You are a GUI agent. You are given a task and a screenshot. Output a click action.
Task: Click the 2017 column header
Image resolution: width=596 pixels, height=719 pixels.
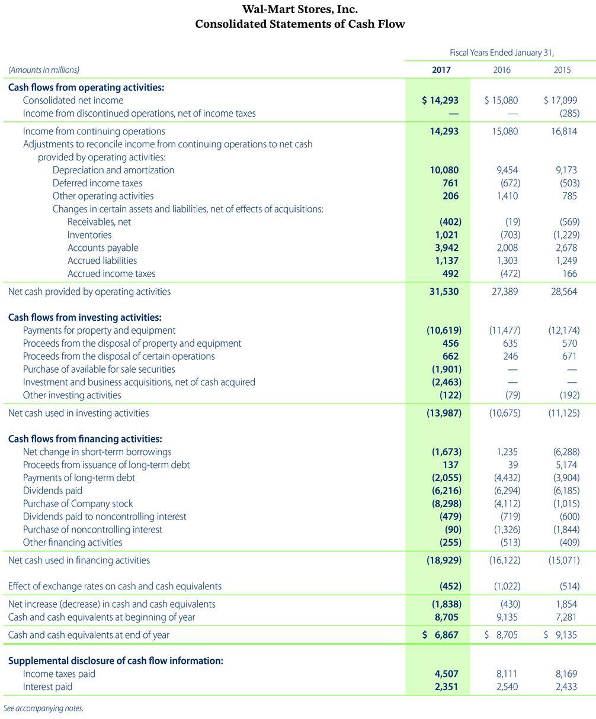click(441, 70)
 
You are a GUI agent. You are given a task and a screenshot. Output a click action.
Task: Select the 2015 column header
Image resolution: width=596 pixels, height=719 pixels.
click(562, 70)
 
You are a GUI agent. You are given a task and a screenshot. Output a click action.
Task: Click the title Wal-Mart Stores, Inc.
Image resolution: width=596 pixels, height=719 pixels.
click(300, 9)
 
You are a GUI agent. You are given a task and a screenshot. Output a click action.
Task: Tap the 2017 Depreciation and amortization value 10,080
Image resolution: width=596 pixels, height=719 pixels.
click(444, 170)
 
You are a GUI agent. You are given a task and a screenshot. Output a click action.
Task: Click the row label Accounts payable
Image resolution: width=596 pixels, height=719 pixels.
click(102, 247)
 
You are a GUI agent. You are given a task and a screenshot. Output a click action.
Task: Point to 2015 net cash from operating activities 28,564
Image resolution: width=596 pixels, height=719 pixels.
click(563, 291)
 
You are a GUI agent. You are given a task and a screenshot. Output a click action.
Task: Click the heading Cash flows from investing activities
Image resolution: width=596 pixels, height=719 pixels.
click(85, 317)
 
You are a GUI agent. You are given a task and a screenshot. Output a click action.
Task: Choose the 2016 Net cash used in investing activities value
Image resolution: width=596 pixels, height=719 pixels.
click(504, 413)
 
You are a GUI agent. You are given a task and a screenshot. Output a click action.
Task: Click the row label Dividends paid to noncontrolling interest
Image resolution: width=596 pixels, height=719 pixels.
click(104, 517)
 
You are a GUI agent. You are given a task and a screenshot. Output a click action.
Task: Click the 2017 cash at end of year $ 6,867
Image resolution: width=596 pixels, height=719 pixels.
click(440, 634)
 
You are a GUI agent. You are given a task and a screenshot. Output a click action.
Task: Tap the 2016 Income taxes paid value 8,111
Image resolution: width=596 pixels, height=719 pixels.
click(505, 673)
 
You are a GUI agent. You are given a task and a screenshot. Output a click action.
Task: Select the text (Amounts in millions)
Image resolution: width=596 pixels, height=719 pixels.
click(43, 70)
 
